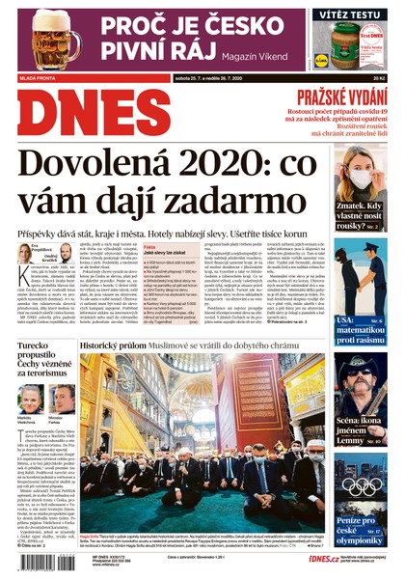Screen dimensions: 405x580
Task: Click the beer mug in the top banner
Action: click(44, 39)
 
